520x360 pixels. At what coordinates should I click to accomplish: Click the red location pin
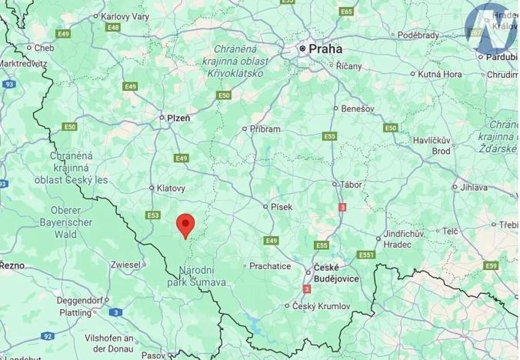point(185,225)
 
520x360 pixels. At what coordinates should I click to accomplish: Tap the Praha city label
point(325,48)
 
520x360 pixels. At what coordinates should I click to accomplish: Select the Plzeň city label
point(178,118)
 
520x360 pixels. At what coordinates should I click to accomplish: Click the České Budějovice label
point(335,274)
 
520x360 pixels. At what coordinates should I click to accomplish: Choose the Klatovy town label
point(171,188)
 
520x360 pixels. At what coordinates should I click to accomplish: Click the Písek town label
point(282,206)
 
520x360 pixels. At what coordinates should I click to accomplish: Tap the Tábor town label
point(351,185)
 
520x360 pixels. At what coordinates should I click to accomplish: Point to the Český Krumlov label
point(322,306)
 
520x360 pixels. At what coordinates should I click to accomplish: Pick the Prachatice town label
point(269,266)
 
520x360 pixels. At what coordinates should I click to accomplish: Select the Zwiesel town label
point(125,264)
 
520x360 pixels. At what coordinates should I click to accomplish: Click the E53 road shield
point(153,215)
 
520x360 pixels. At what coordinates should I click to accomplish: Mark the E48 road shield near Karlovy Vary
point(113,28)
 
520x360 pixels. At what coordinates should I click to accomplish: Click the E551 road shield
point(366,255)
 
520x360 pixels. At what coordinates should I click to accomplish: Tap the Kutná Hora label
point(440,75)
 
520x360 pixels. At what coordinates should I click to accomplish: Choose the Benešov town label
point(357,108)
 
